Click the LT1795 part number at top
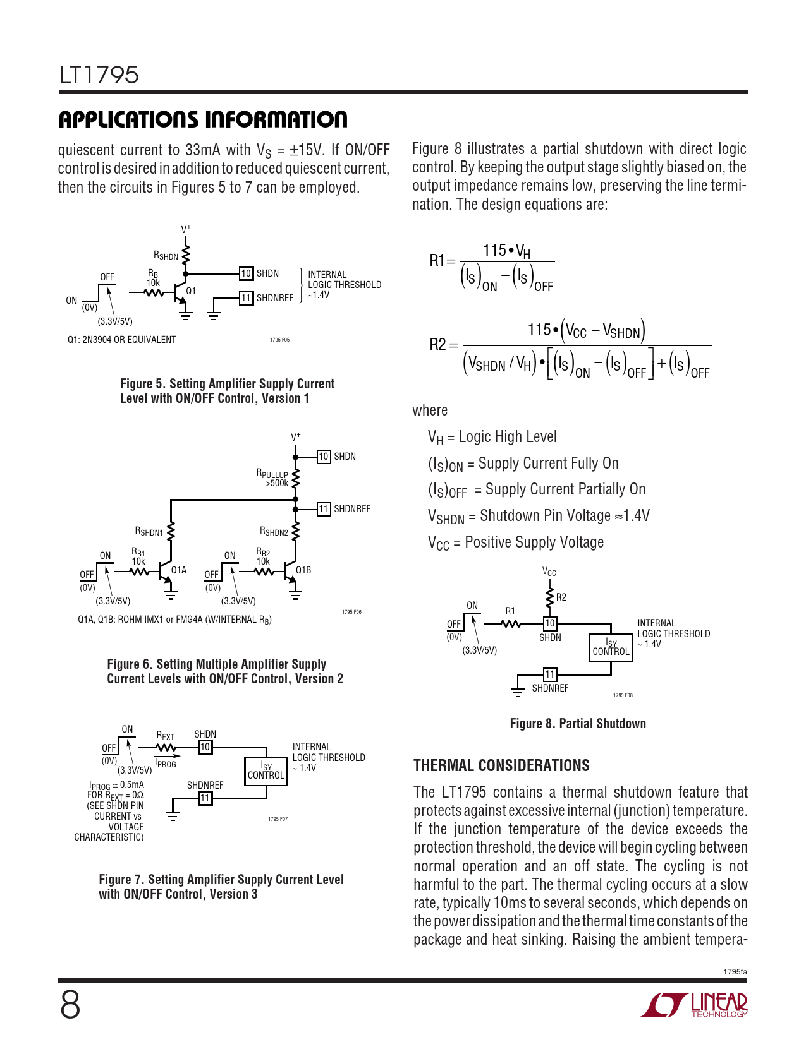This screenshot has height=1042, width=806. pyautogui.click(x=99, y=75)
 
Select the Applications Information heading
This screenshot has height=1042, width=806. pyautogui.click(x=203, y=119)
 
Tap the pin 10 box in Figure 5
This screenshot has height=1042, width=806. pyautogui.click(x=246, y=273)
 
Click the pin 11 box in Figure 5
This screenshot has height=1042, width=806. pyautogui.click(x=246, y=298)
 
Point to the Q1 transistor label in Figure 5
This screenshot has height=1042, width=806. pyautogui.click(x=191, y=291)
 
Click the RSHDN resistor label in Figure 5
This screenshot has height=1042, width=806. pyautogui.click(x=166, y=256)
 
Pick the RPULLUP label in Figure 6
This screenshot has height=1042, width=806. pyautogui.click(x=272, y=474)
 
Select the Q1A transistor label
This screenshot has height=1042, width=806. pyautogui.click(x=179, y=570)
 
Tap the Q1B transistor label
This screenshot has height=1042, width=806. pyautogui.click(x=303, y=570)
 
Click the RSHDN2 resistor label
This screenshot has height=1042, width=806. pyautogui.click(x=274, y=532)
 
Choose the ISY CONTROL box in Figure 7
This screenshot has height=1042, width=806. pyautogui.click(x=266, y=771)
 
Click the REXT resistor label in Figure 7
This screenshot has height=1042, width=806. pyautogui.click(x=166, y=736)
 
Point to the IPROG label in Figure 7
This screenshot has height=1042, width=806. pyautogui.click(x=166, y=764)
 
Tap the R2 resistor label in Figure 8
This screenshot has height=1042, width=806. pyautogui.click(x=561, y=597)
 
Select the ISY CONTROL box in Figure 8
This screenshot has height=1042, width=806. pyautogui.click(x=611, y=647)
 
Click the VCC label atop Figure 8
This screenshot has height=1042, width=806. pyautogui.click(x=549, y=572)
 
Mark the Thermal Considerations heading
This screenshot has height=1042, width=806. pyautogui.click(x=501, y=765)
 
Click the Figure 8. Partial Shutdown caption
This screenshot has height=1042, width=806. pyautogui.click(x=578, y=724)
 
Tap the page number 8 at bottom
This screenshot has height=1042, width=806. pyautogui.click(x=70, y=1005)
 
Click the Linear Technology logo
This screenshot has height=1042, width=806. pyautogui.click(x=694, y=1005)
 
